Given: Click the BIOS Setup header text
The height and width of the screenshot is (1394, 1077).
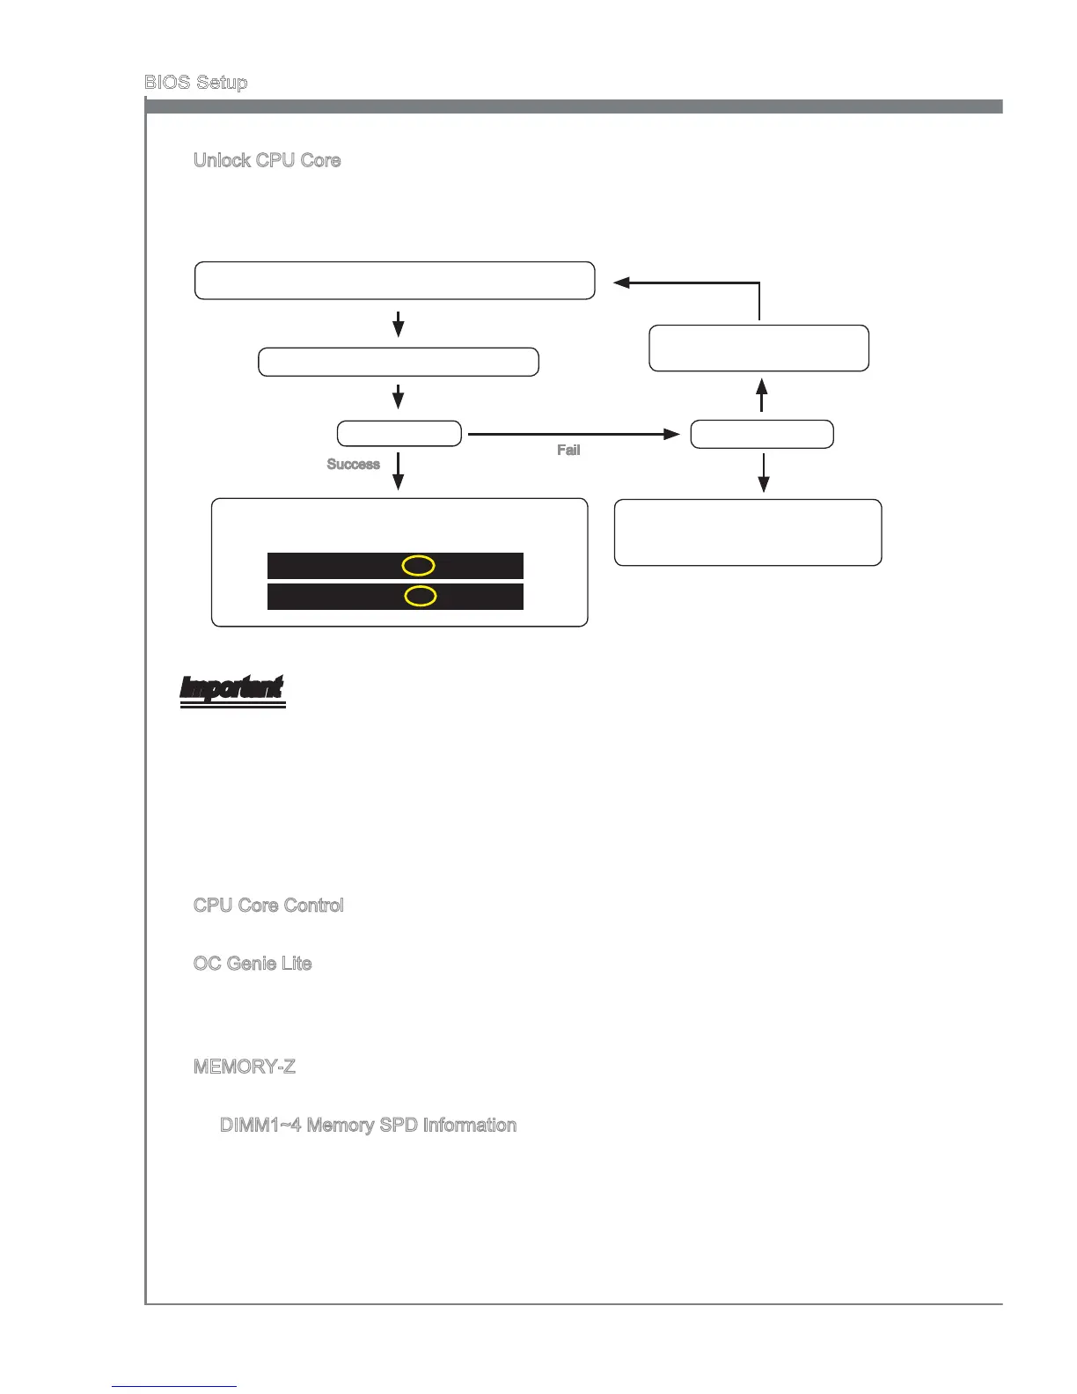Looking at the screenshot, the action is pyautogui.click(x=195, y=83).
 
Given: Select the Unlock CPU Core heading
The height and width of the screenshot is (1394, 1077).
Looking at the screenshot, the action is pyautogui.click(x=267, y=160).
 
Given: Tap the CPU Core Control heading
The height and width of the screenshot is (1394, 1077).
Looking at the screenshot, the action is pyautogui.click(x=268, y=906).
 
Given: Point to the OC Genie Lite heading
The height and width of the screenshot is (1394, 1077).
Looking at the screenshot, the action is pyautogui.click(x=253, y=964).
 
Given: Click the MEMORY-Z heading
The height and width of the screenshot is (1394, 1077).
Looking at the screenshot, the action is pyautogui.click(x=245, y=1068).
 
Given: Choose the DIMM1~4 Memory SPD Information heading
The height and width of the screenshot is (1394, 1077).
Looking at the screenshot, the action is pyautogui.click(x=368, y=1126).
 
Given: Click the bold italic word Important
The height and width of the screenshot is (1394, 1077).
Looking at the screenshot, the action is pyautogui.click(x=232, y=688).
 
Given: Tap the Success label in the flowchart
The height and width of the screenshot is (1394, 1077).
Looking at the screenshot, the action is pyautogui.click(x=353, y=465).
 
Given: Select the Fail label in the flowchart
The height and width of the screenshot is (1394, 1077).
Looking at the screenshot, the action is pyautogui.click(x=568, y=451).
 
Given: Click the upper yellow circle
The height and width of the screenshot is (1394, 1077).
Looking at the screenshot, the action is pyautogui.click(x=419, y=565).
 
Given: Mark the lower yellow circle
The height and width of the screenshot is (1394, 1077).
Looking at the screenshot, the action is pyautogui.click(x=421, y=596).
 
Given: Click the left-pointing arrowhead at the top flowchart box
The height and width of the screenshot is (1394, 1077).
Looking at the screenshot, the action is pyautogui.click(x=621, y=282).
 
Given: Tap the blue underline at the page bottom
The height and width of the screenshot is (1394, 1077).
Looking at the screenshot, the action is pyautogui.click(x=174, y=1387).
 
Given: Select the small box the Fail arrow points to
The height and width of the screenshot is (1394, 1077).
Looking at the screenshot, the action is pyautogui.click(x=762, y=434).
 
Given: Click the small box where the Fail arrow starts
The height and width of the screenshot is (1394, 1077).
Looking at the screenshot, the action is pyautogui.click(x=399, y=434).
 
